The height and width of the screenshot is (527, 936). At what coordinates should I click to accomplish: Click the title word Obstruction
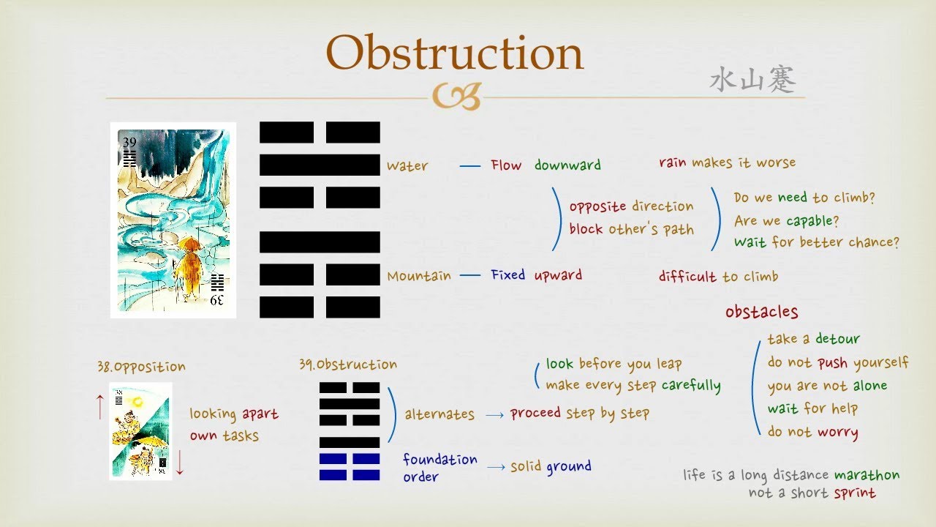click(x=454, y=53)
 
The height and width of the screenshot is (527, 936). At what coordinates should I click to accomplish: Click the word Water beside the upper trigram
click(x=407, y=166)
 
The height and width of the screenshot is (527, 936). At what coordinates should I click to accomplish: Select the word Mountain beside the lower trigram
click(x=419, y=276)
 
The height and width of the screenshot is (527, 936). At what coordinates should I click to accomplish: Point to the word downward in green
click(x=567, y=165)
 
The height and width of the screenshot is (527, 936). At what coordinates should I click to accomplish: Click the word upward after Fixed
click(x=558, y=275)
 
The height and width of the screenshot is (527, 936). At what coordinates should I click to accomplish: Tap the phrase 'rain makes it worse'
click(x=727, y=162)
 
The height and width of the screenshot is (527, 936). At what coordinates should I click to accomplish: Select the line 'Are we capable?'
click(x=786, y=220)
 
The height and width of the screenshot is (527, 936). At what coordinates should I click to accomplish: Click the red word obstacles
click(x=761, y=312)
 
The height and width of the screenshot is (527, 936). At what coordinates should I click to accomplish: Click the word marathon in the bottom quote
click(x=867, y=475)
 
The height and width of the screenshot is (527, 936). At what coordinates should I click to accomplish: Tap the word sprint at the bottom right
click(x=854, y=493)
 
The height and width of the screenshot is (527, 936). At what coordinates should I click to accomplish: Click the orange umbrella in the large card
click(x=191, y=246)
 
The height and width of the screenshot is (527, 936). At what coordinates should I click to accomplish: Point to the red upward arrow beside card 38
click(x=100, y=405)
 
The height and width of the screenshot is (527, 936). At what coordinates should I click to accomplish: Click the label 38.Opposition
click(x=141, y=367)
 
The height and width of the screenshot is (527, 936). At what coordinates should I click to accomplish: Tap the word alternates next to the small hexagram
click(x=439, y=414)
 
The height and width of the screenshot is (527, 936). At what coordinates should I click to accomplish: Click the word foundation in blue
click(x=439, y=460)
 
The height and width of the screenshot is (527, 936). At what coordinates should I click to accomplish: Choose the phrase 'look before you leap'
click(x=614, y=364)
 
